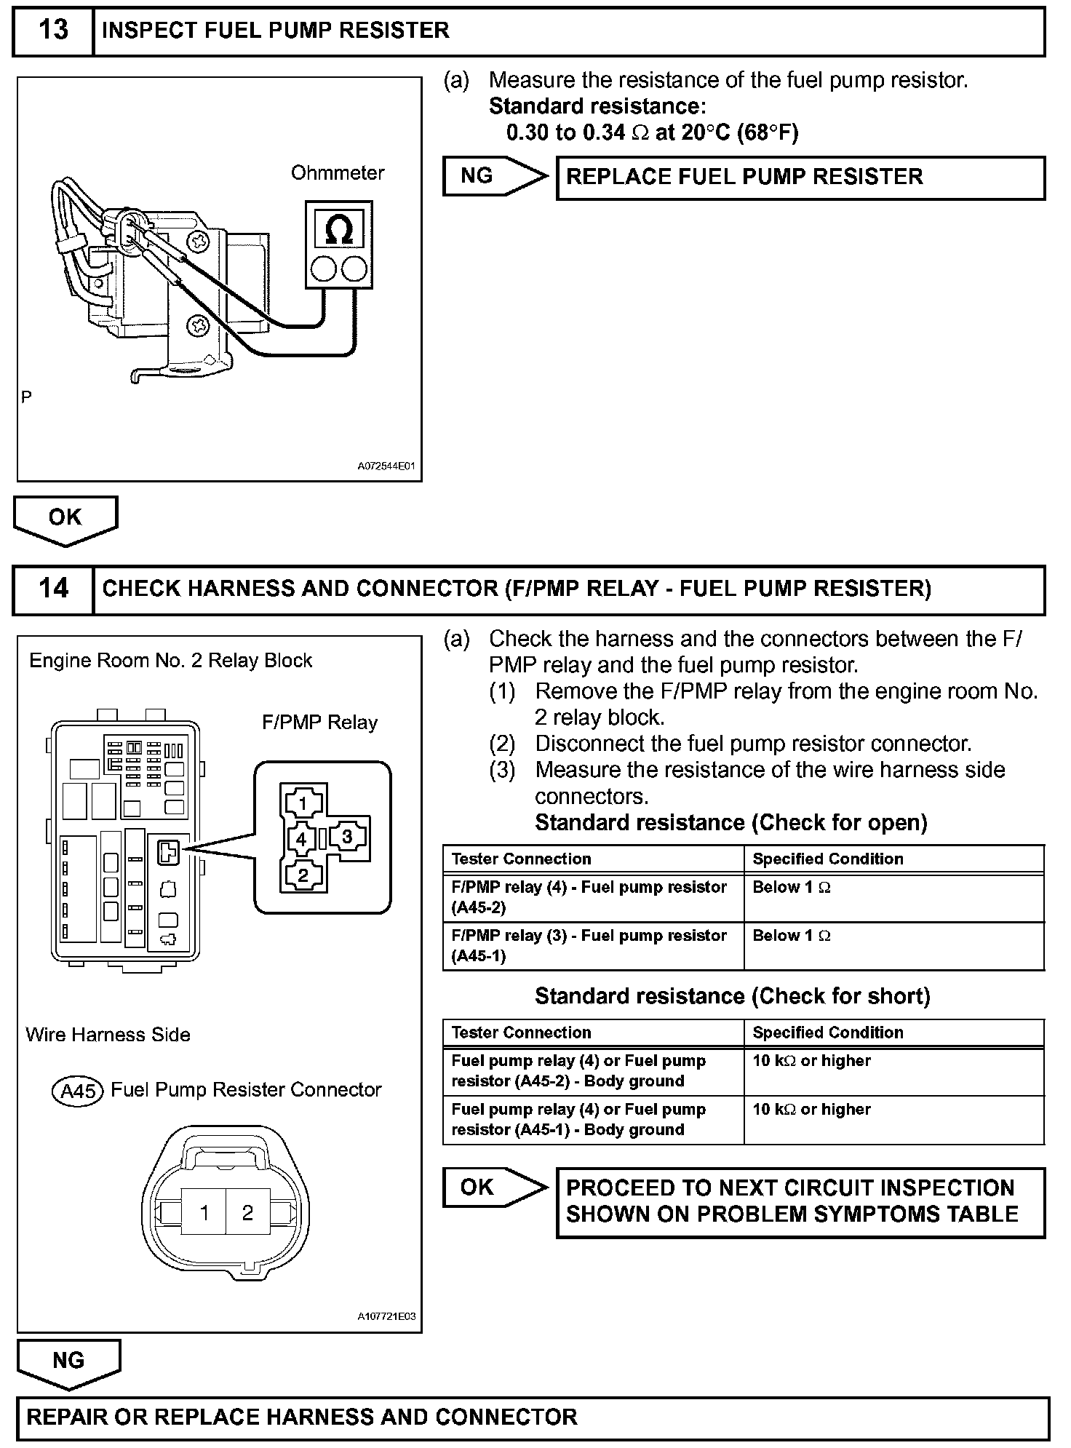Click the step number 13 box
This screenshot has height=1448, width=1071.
click(x=53, y=31)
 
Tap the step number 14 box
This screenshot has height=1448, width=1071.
click(x=53, y=588)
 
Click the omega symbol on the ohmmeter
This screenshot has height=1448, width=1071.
click(x=339, y=230)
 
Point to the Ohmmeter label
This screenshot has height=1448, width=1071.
click(x=338, y=173)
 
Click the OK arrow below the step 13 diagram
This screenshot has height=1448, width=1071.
click(x=65, y=519)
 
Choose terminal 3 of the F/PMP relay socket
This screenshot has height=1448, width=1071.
click(x=347, y=837)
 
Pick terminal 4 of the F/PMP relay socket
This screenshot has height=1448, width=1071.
click(x=301, y=839)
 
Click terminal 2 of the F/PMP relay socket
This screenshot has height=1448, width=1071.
click(x=303, y=874)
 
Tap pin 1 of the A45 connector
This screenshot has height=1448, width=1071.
click(x=204, y=1212)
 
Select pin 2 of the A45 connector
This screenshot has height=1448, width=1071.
click(x=247, y=1212)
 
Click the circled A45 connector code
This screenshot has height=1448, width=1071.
click(x=79, y=1091)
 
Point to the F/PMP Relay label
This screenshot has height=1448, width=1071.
click(x=320, y=723)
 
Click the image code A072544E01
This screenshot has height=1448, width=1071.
click(x=386, y=466)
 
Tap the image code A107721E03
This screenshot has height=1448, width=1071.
click(x=386, y=1316)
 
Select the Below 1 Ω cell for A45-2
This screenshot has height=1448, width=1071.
click(x=791, y=888)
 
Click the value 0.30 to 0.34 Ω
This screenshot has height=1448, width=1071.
click(x=565, y=132)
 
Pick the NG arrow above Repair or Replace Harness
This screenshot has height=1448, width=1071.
click(x=68, y=1361)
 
